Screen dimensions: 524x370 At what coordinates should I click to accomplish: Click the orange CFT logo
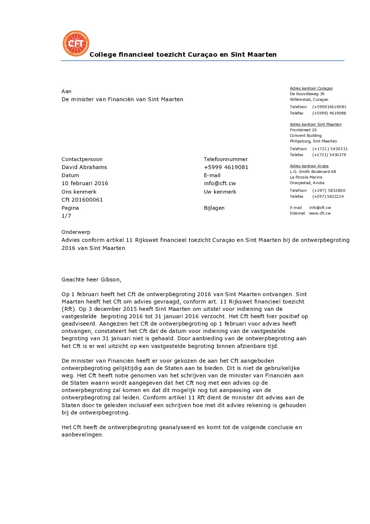(76, 43)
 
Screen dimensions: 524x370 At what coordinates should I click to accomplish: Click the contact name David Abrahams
(84, 167)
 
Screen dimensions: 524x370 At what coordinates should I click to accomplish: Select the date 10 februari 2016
(85, 183)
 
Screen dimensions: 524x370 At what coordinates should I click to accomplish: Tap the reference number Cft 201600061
(82, 200)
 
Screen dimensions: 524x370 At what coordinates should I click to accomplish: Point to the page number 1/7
(66, 216)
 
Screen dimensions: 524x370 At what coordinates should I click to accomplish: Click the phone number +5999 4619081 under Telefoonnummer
(226, 167)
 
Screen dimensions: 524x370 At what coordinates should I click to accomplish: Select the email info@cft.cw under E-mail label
(220, 183)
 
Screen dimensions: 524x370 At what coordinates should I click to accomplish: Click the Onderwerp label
(76, 232)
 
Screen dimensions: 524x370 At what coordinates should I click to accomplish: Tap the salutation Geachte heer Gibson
(91, 280)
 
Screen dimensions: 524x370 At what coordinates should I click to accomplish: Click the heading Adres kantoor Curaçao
(311, 89)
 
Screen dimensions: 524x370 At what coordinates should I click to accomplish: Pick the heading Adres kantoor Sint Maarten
(315, 124)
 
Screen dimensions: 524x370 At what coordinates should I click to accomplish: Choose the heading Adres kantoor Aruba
(309, 166)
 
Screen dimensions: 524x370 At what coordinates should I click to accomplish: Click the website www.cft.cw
(320, 213)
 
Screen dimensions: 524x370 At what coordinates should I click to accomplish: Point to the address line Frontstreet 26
(303, 130)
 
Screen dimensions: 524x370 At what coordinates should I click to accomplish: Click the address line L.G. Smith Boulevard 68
(313, 172)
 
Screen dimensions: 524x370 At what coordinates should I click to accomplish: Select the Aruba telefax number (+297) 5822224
(328, 196)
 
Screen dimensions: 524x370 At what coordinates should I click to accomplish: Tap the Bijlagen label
(214, 208)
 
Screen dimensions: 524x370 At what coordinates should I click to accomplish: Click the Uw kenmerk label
(220, 192)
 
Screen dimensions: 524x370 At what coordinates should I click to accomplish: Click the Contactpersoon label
(82, 159)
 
